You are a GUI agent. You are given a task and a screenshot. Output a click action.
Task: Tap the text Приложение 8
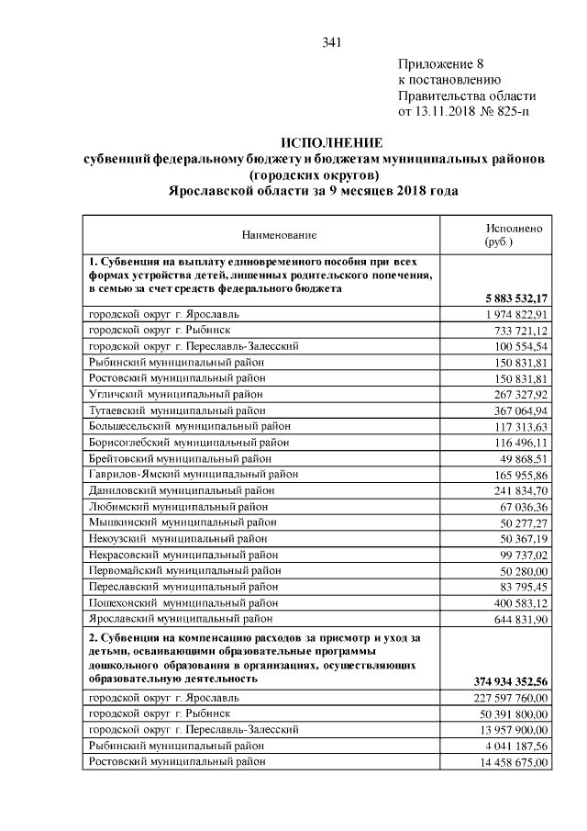[440, 63]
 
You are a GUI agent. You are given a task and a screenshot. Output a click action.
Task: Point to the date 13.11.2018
[450, 112]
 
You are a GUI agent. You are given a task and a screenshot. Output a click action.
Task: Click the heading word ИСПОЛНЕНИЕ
[332, 143]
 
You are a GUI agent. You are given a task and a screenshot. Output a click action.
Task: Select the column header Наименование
[279, 236]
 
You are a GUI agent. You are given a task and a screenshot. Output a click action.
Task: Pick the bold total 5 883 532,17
[511, 298]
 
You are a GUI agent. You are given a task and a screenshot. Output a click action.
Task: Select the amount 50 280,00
[520, 570]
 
